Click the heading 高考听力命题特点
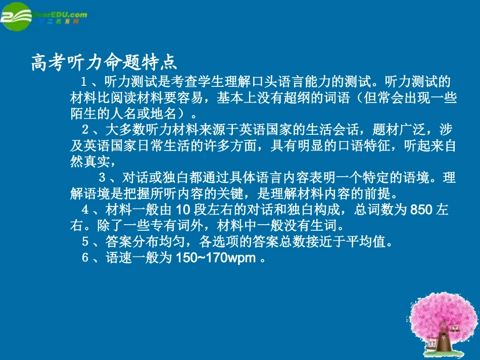pos(104,63)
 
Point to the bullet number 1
pos(85,81)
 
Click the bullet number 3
pos(102,178)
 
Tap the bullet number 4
pos(85,210)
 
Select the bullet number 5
pos(85,242)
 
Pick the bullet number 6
pos(85,258)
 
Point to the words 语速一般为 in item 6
pos(138,258)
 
